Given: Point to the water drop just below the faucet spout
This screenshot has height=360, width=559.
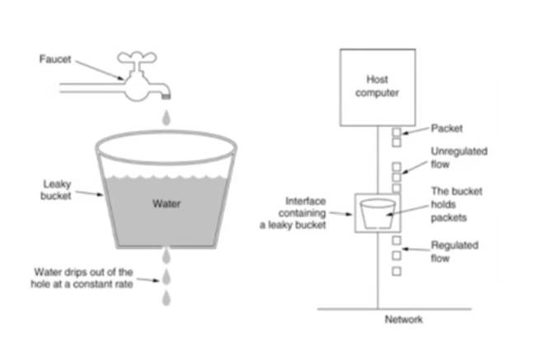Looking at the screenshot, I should click(x=168, y=119).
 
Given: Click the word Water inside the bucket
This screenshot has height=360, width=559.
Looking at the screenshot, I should click(x=167, y=203).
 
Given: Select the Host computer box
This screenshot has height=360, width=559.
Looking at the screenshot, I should click(x=376, y=86).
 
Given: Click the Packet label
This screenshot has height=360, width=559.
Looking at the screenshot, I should click(x=446, y=129).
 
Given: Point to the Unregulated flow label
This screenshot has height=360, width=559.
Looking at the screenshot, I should click(x=459, y=157).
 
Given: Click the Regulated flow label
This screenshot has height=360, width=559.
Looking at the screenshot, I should click(x=453, y=251).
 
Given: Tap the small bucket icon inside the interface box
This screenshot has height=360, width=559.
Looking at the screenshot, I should click(x=377, y=213).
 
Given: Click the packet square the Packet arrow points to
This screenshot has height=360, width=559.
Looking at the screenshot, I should click(x=397, y=132).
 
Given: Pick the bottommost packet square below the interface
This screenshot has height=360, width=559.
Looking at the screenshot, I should click(x=397, y=270).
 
